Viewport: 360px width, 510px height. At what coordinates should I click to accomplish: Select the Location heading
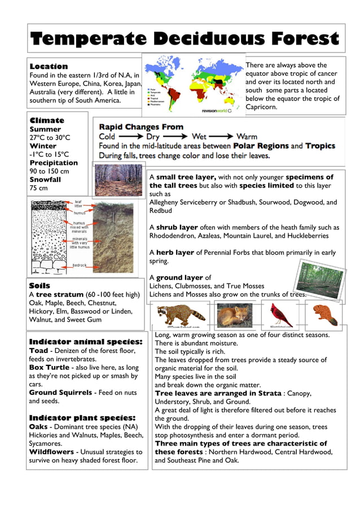tap(49, 66)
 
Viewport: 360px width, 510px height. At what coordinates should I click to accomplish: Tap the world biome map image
tap(193, 82)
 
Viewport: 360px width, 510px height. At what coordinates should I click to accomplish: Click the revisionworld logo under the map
tap(221, 111)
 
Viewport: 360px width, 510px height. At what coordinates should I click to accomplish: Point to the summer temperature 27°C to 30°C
tap(50, 137)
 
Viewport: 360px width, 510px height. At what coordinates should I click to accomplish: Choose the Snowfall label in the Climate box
tap(45, 180)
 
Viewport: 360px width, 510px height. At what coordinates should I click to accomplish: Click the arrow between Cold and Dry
tap(131, 137)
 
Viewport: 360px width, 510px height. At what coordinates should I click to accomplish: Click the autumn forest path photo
tap(117, 180)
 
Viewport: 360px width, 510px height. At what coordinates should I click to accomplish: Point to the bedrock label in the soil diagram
tap(80, 265)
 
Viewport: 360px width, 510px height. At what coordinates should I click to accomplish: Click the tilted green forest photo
tap(319, 280)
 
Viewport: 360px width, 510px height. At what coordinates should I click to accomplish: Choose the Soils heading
tap(39, 286)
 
